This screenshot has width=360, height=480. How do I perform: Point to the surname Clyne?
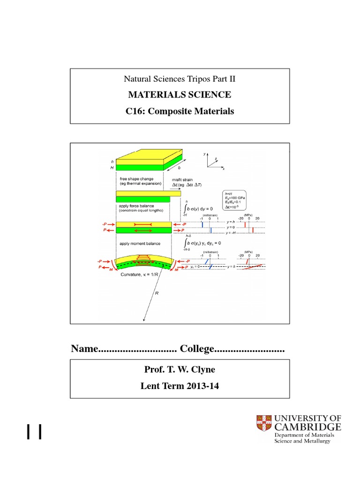[x=202, y=370]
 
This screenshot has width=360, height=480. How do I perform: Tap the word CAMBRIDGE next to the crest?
[x=307, y=427]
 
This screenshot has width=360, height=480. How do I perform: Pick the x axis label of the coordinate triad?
[x=224, y=169]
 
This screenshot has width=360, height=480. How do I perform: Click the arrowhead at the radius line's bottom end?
[x=144, y=321]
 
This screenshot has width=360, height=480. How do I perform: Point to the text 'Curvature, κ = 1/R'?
[x=135, y=275]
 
